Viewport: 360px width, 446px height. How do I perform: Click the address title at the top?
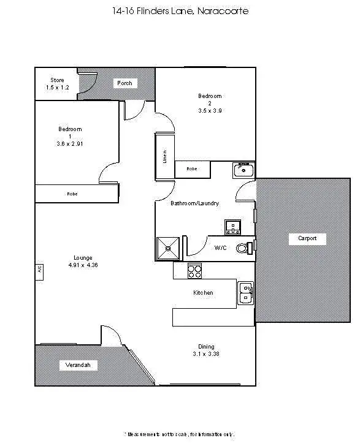coord(180,11)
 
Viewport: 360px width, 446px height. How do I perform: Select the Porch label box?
coord(124,83)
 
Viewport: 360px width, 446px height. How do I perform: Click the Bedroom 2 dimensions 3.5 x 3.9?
coord(210,111)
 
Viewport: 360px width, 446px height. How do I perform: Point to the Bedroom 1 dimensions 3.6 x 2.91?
coord(70,143)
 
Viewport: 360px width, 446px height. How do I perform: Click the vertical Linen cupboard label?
coord(164,156)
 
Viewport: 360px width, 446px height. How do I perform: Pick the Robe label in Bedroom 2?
coord(192,168)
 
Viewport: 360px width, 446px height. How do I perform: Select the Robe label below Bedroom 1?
coord(72,194)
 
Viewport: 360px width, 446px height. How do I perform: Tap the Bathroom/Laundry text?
coord(194,203)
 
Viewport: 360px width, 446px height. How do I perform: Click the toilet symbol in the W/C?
coord(246,248)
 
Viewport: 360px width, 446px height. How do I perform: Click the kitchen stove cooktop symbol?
coord(194,270)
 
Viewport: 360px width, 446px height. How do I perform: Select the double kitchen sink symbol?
coord(246,293)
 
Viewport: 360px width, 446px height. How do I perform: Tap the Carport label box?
coord(307,238)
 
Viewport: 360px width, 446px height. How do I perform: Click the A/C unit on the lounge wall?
coord(39,269)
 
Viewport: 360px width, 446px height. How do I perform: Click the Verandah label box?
coord(78,366)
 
